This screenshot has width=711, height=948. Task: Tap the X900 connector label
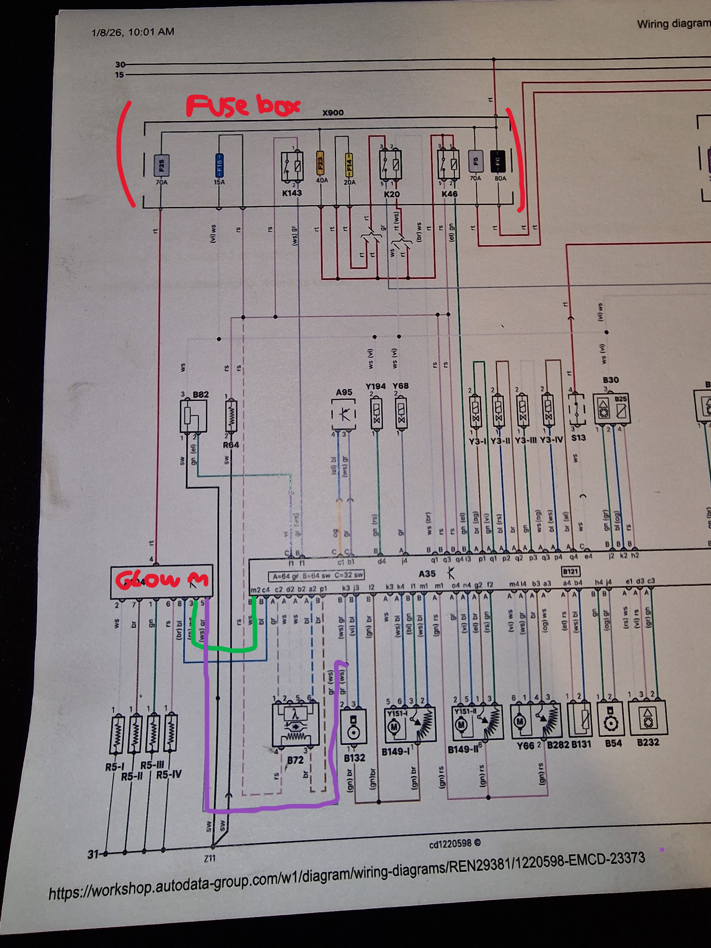point(333,113)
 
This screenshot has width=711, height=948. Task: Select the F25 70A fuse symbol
point(162,165)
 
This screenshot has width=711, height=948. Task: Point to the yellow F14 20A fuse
point(349,164)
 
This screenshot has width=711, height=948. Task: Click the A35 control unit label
point(427,574)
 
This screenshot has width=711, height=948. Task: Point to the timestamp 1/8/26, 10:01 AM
point(133,32)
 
